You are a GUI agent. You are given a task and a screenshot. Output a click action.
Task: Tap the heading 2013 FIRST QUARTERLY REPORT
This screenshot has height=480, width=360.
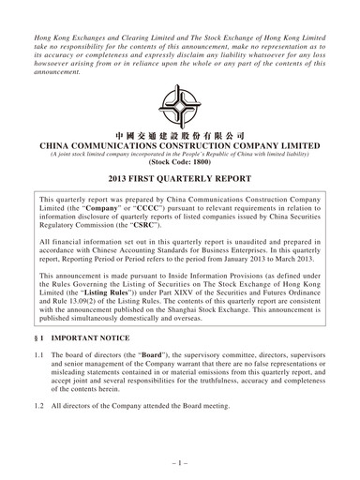pyautogui.click(x=180, y=178)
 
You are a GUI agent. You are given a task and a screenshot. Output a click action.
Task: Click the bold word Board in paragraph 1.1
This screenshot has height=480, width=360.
pyautogui.click(x=128, y=356)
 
